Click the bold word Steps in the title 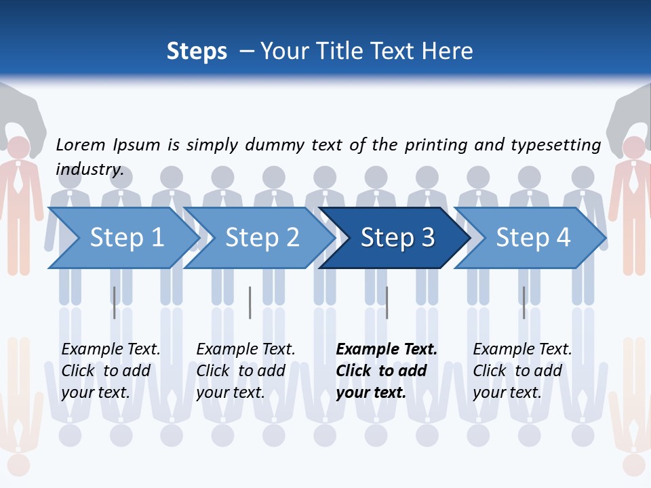pos(197,51)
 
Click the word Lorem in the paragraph pos(81,144)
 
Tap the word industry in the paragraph pos(90,169)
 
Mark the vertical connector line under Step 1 pos(115,302)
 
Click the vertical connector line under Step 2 pos(250,302)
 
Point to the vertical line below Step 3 pos(387,302)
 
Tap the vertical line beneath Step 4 pos(524,302)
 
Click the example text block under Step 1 pos(111,371)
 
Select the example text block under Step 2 pos(245,371)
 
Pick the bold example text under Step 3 pos(387,371)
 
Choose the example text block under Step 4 pos(522,371)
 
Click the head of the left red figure pos(18,148)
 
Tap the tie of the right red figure pos(633,180)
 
